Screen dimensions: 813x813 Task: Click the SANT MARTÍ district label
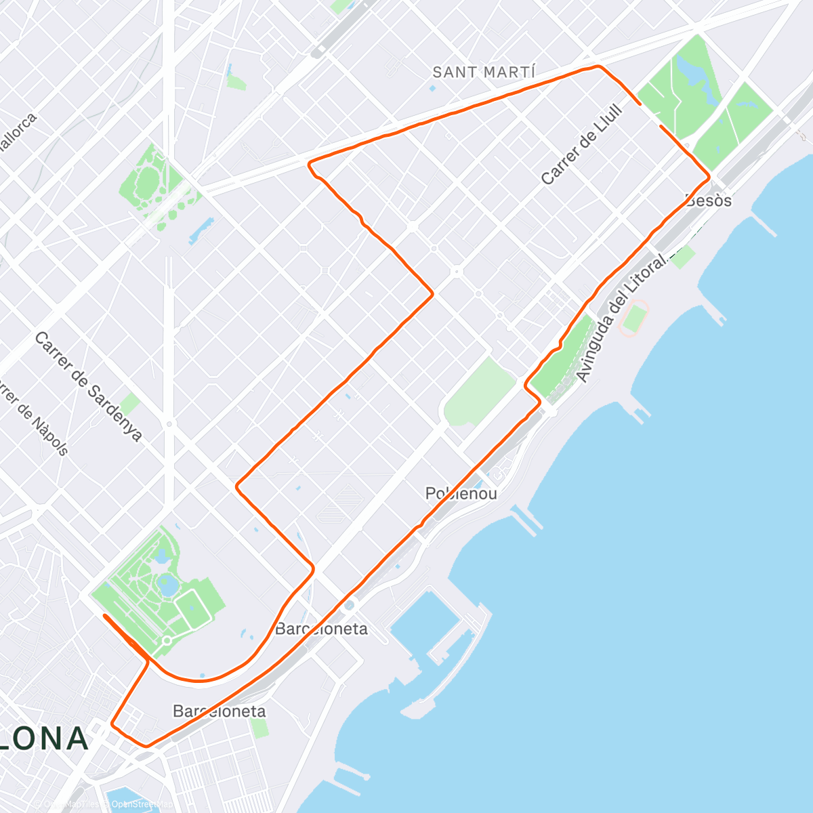click(x=484, y=72)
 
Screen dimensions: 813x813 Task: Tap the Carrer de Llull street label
click(x=581, y=144)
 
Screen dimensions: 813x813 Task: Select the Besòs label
click(x=709, y=201)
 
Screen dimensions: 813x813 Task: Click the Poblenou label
click(x=461, y=493)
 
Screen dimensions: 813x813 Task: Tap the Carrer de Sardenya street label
click(x=88, y=386)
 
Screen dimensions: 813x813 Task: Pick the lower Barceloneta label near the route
click(x=220, y=711)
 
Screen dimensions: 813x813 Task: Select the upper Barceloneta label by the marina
click(x=321, y=629)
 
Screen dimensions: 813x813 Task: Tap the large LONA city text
click(x=44, y=738)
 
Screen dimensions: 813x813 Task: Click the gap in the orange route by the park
click(x=650, y=115)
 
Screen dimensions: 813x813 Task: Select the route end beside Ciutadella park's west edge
click(x=104, y=615)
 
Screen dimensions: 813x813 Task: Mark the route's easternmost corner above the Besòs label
click(x=709, y=178)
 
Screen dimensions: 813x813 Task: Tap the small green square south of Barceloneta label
click(x=259, y=729)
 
